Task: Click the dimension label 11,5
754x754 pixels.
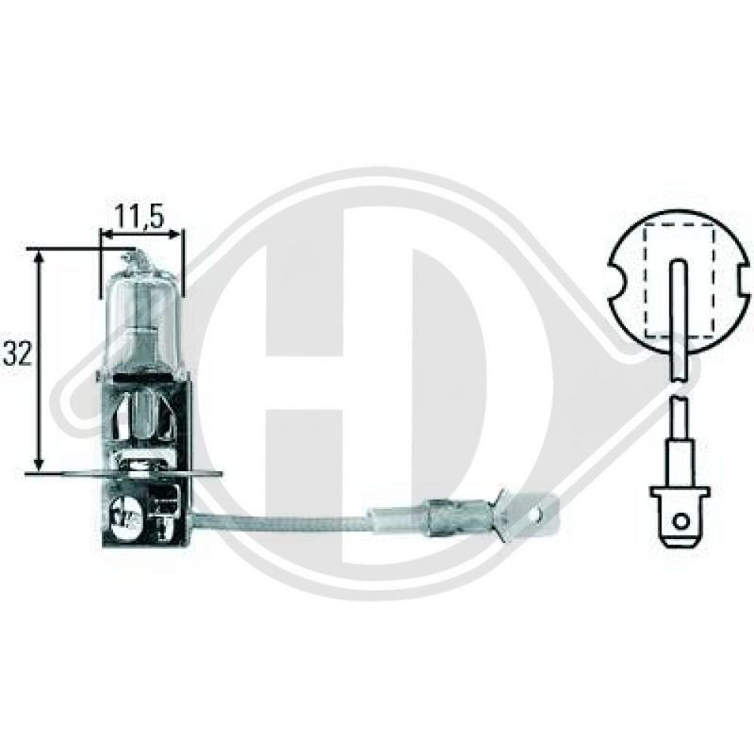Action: pos(140,216)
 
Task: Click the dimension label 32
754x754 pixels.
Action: pos(17,354)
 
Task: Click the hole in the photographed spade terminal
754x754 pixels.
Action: pos(538,516)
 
